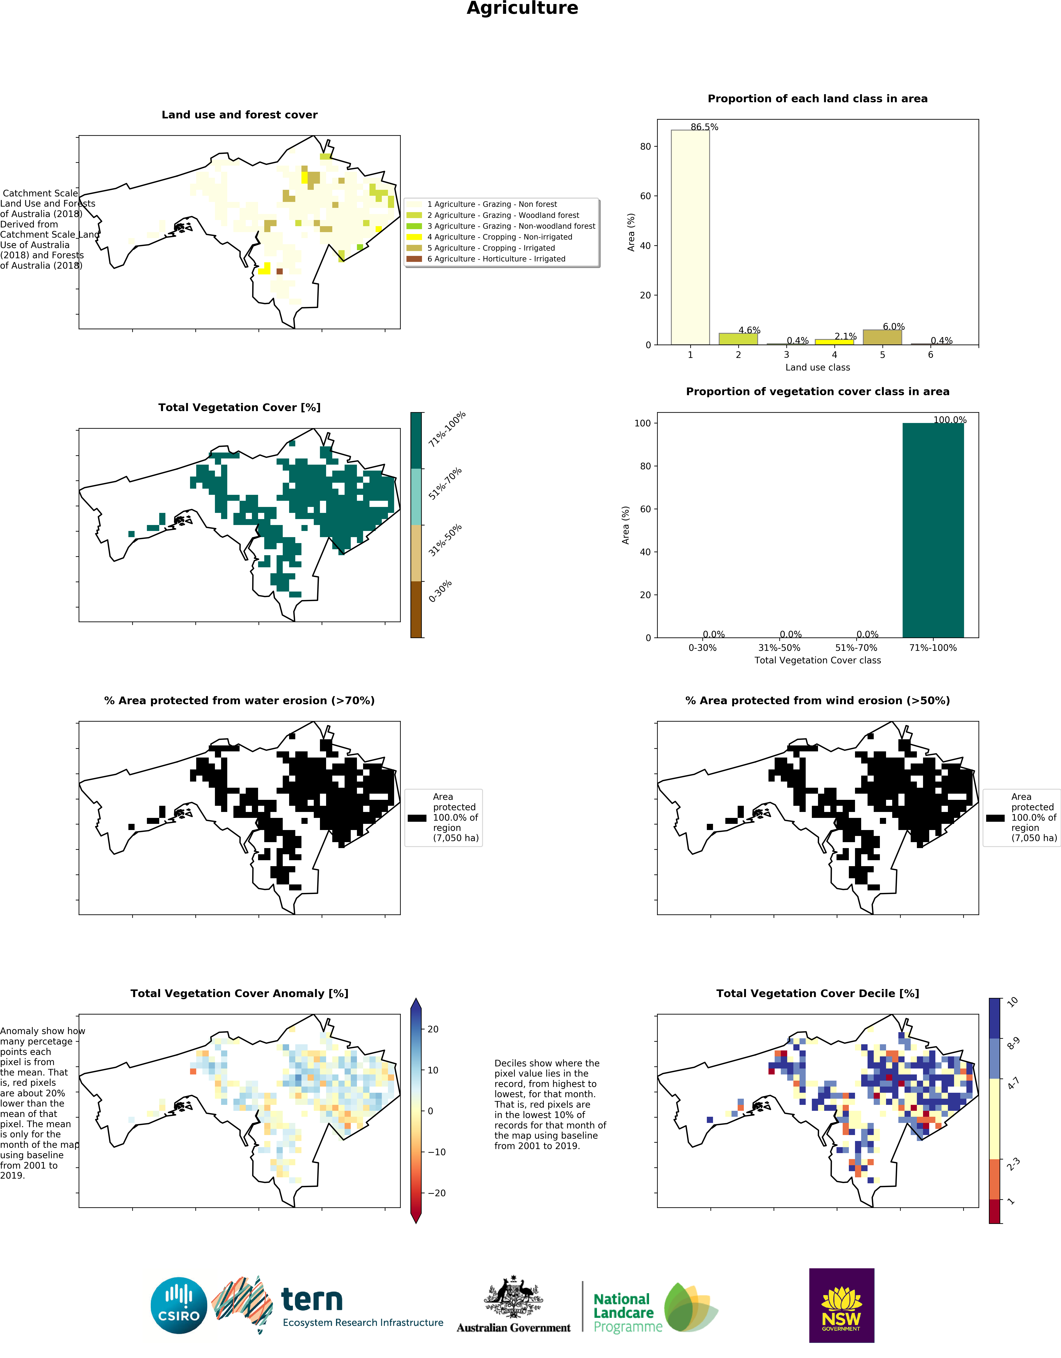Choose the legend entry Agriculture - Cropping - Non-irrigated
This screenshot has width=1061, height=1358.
pos(499,237)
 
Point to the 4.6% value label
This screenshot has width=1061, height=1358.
pos(749,330)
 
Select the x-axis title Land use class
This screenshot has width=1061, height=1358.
pos(817,368)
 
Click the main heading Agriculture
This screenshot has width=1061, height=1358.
pos(522,9)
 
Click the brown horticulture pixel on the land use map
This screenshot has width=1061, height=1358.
pos(279,271)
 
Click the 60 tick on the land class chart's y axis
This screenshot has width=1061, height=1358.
pos(646,196)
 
